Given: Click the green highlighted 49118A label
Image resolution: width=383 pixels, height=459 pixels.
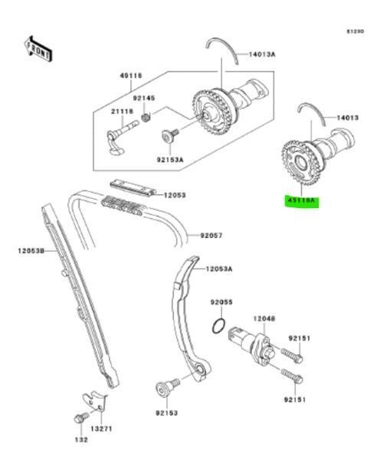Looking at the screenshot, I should coord(301,202).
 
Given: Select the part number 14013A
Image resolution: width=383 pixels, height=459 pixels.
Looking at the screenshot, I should coord(264,54).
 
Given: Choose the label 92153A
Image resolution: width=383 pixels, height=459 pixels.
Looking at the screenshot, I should coord(172,160).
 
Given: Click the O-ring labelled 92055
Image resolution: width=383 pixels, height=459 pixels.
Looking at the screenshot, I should coord(218,327).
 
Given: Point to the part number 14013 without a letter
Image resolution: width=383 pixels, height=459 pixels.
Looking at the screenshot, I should coord(349,119).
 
